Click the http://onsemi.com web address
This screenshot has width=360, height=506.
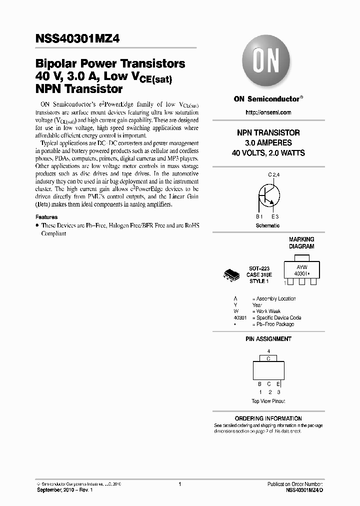click(x=268, y=112)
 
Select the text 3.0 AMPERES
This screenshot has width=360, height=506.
click(x=268, y=143)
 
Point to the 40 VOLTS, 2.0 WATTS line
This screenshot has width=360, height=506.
click(x=268, y=153)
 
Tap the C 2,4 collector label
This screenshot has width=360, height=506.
click(x=275, y=174)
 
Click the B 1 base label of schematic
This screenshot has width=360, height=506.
click(x=259, y=217)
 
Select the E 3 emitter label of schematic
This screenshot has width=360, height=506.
click(x=275, y=217)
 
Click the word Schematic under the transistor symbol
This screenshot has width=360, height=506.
click(x=267, y=225)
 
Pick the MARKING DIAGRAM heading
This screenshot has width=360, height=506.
click(x=301, y=243)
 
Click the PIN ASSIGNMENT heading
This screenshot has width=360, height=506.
click(x=268, y=339)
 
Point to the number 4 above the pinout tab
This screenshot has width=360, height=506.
click(x=268, y=351)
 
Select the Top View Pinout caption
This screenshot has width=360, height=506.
click(x=268, y=401)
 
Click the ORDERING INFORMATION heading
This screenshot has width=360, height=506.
click(x=268, y=418)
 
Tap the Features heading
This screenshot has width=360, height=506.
click(x=46, y=217)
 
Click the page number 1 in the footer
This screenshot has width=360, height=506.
click(x=179, y=484)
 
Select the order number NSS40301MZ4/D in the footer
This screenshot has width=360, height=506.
click(x=304, y=490)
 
